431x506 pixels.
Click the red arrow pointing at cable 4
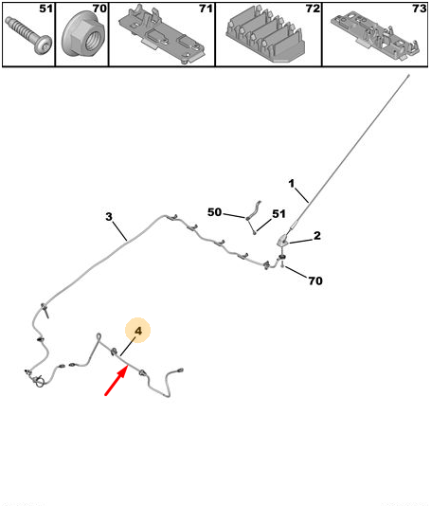[116, 382]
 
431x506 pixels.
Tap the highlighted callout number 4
[138, 331]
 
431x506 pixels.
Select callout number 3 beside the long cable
[109, 217]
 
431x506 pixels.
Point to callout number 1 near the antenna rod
[292, 184]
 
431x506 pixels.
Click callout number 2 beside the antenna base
[317, 236]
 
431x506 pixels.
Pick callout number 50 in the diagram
[214, 212]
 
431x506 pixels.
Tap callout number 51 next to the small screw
[278, 213]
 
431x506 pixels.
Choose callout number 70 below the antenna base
[315, 280]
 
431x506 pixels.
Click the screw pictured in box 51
[28, 35]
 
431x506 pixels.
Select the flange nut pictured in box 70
[82, 35]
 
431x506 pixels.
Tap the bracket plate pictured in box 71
[161, 35]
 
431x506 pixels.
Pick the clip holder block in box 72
[266, 35]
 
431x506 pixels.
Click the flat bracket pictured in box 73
[375, 35]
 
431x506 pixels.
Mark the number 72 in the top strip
[313, 9]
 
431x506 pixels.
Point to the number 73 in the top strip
[420, 9]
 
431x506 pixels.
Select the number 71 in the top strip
[206, 9]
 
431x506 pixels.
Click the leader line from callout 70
[296, 272]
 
